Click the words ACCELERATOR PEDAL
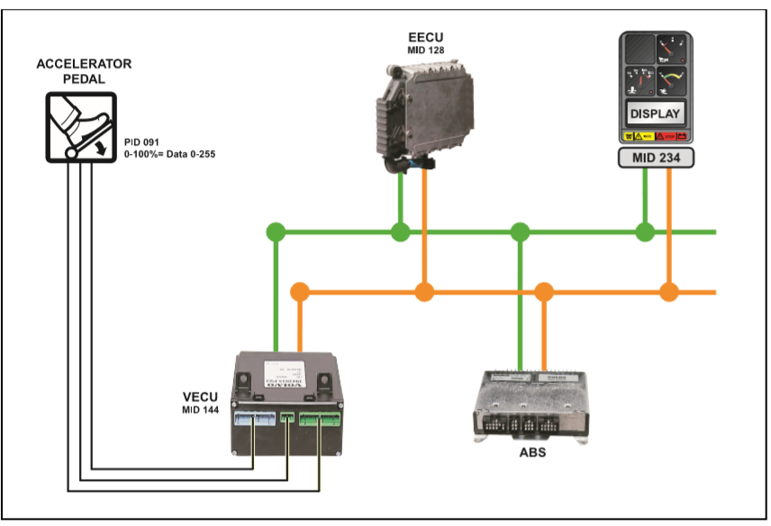pyautogui.click(x=84, y=71)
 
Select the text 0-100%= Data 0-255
pyautogui.click(x=170, y=154)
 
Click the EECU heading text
pyautogui.click(x=426, y=38)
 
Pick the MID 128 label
pyautogui.click(x=426, y=51)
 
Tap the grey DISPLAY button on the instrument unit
pyautogui.click(x=655, y=114)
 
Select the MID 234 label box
pyautogui.click(x=655, y=159)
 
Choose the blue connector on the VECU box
pyautogui.click(x=253, y=419)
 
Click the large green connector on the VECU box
pyautogui.click(x=321, y=418)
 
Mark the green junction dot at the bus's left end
pyautogui.click(x=276, y=232)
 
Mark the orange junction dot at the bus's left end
pyautogui.click(x=300, y=292)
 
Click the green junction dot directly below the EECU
pyautogui.click(x=400, y=232)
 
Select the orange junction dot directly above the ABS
pyautogui.click(x=543, y=292)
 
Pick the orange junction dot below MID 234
pyautogui.click(x=668, y=292)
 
